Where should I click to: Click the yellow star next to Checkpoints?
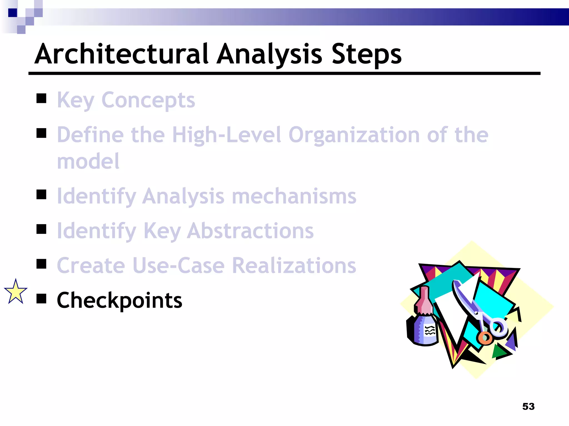(16, 292)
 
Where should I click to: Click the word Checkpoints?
(119, 300)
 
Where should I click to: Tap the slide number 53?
(528, 407)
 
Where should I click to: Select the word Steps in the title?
(366, 54)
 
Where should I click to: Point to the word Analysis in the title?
(269, 54)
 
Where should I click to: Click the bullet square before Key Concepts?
(41, 98)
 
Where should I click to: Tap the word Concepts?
(148, 100)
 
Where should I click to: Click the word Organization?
(354, 135)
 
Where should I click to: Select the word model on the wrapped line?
(88, 161)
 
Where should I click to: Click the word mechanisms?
(294, 196)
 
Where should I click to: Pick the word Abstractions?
(250, 231)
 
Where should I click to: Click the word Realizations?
(294, 265)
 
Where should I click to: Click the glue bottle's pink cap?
(424, 301)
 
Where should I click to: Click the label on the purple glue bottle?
(430, 331)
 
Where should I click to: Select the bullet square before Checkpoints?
(41, 299)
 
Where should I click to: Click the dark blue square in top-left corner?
(13, 13)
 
